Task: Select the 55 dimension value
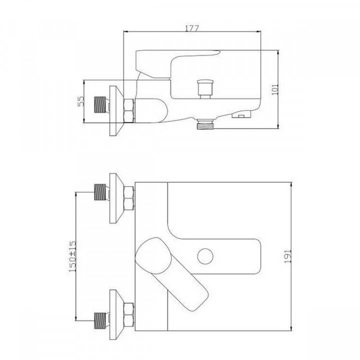coord(80,101)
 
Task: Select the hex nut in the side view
coord(128,110)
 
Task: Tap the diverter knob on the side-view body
coord(205,88)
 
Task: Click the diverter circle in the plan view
coord(204,257)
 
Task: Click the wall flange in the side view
coord(116,110)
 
